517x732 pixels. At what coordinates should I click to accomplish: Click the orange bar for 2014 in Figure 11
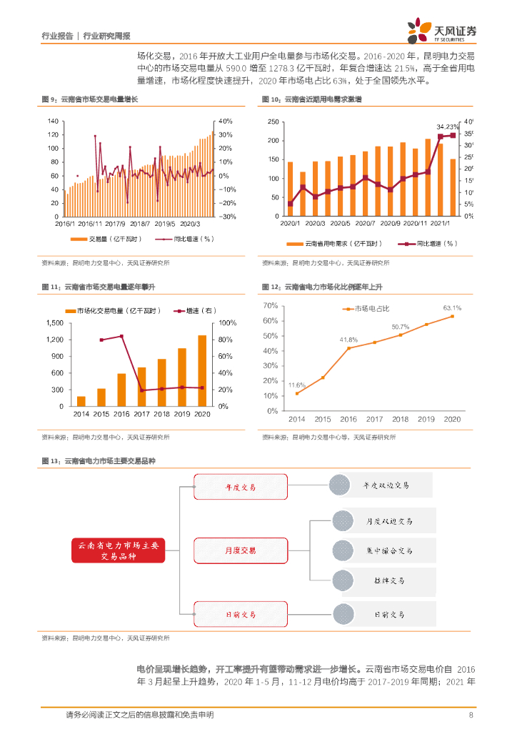[x=81, y=401]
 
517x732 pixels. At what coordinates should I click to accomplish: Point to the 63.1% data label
[x=452, y=308]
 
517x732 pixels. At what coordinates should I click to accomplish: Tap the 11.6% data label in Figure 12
[x=296, y=385]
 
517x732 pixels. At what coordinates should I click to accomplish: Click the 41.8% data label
[x=348, y=340]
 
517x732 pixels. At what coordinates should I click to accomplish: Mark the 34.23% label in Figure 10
[x=447, y=126]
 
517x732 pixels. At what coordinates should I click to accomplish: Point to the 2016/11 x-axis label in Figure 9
[x=91, y=224]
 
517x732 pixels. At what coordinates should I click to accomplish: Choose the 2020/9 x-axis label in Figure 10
[x=391, y=224]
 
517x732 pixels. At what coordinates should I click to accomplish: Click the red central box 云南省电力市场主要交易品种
[x=117, y=550]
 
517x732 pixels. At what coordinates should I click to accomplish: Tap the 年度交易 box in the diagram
[x=240, y=487]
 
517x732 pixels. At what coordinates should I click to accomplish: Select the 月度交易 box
[x=240, y=550]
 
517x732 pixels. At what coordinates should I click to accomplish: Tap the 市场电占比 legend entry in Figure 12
[x=372, y=309]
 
